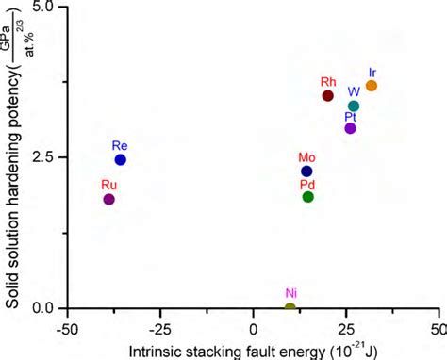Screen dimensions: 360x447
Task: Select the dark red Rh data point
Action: click(x=328, y=95)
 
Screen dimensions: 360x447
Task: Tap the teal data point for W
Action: click(x=354, y=106)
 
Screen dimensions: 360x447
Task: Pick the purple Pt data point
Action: click(x=351, y=128)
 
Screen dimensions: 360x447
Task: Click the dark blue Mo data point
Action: click(x=306, y=171)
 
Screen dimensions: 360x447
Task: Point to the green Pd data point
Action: click(x=308, y=196)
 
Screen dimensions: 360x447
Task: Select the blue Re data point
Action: click(x=121, y=160)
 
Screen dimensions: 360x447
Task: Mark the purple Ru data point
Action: click(x=109, y=199)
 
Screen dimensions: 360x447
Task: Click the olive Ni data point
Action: click(x=290, y=307)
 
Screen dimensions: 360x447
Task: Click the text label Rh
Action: click(x=328, y=82)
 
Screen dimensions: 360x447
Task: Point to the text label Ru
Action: click(x=109, y=185)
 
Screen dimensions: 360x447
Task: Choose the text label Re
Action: click(x=120, y=146)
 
